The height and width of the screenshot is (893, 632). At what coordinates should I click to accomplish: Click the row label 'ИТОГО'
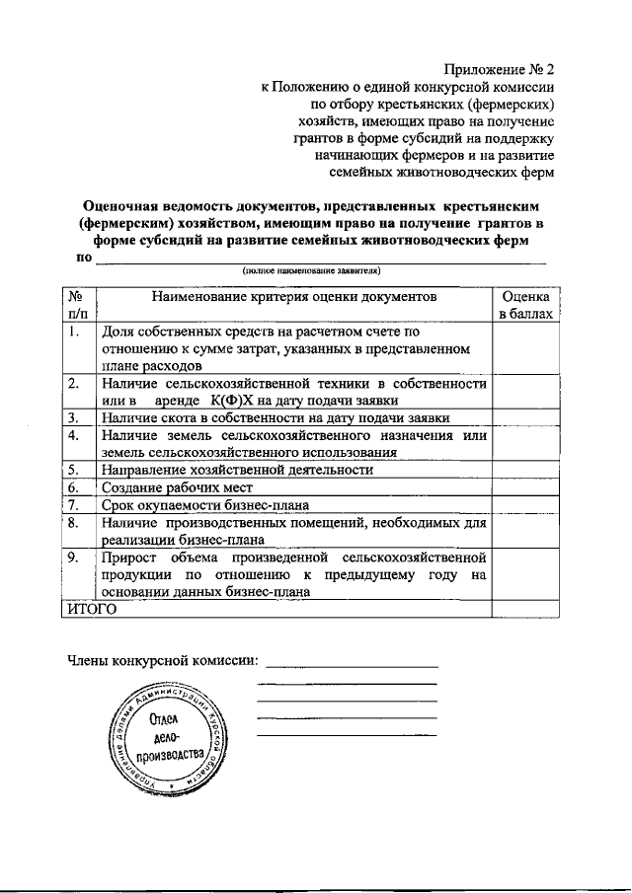pos(91,610)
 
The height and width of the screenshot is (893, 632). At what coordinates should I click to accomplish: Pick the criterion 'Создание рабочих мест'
pos(177,487)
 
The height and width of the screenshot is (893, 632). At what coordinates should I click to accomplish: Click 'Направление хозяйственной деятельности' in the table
pos(236,470)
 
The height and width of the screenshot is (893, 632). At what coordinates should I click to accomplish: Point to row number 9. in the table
pos(74,558)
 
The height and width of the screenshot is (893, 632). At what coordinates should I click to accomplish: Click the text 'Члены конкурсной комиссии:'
pos(163,660)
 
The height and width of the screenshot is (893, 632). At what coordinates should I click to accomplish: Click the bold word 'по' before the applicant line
pos(83,257)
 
